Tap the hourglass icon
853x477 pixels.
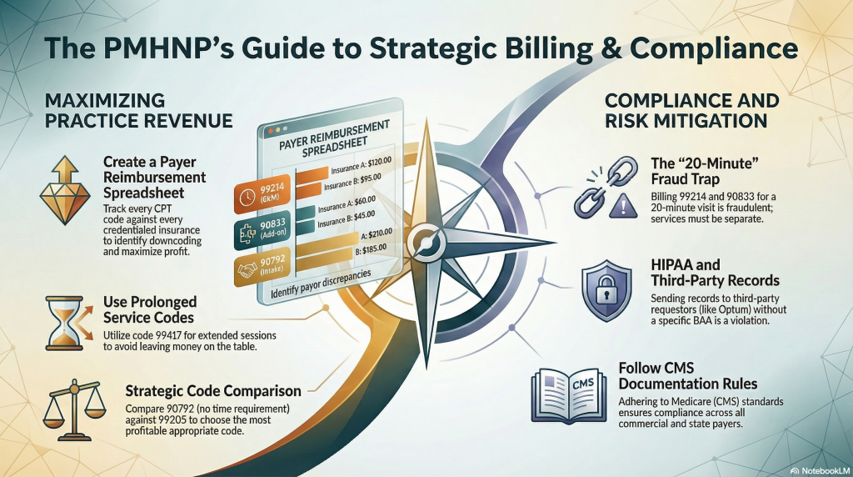(x=65, y=324)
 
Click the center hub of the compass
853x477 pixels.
(x=426, y=240)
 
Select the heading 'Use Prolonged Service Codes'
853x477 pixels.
(x=150, y=310)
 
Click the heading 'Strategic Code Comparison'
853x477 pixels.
(x=213, y=391)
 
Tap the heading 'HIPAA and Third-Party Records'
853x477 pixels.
(x=715, y=273)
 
